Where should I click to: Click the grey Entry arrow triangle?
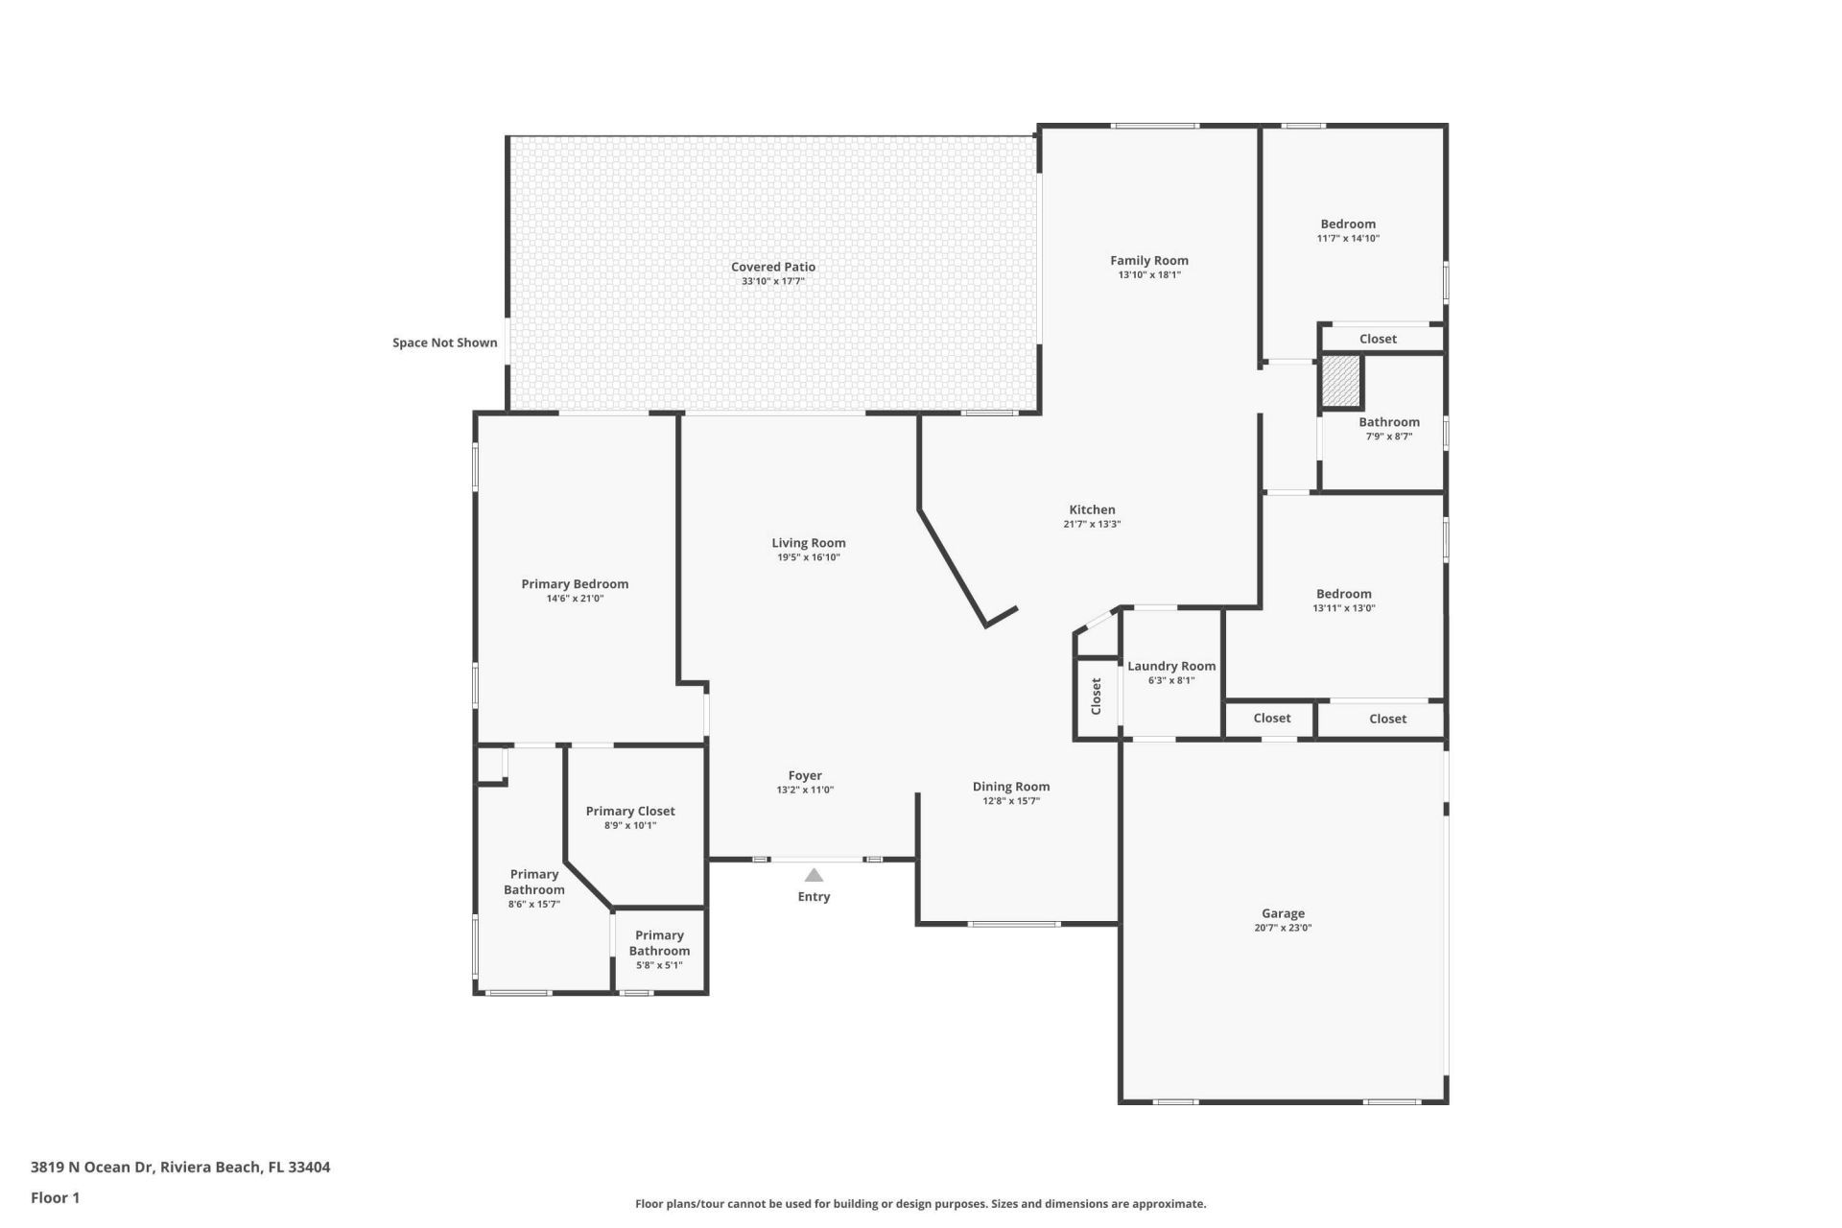[x=814, y=875]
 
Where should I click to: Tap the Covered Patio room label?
[x=773, y=267]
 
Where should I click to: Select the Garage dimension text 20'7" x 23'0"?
[x=1283, y=928]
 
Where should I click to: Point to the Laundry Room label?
[x=1171, y=666]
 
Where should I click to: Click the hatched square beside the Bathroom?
[x=1340, y=381]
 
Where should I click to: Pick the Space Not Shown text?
[x=445, y=342]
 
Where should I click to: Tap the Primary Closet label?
[x=630, y=811]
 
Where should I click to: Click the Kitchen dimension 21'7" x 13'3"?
[x=1092, y=524]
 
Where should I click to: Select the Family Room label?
[x=1149, y=260]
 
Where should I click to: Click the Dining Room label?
[x=1011, y=786]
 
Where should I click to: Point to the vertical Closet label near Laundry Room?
[x=1097, y=697]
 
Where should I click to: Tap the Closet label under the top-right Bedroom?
[x=1378, y=339]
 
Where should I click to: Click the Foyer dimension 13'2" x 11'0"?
[x=805, y=790]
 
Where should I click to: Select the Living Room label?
[x=809, y=543]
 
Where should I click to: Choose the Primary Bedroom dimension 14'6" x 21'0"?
[x=575, y=598]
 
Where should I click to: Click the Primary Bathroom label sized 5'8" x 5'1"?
[x=659, y=942]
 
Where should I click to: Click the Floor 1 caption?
[x=55, y=1197]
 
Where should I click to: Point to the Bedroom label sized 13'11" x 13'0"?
[x=1343, y=594]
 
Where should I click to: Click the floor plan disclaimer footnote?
[x=920, y=1203]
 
